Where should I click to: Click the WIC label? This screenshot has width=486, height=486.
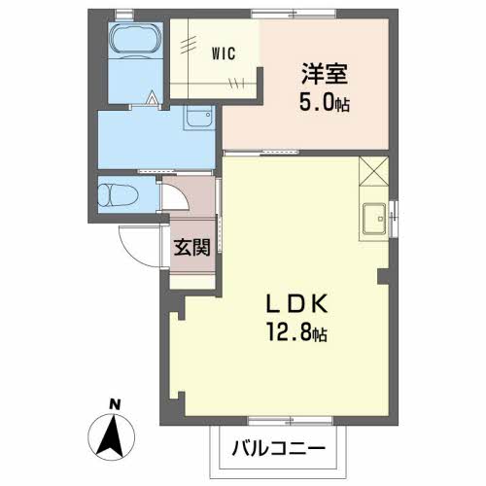point(224,53)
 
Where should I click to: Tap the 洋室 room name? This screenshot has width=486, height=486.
point(325,74)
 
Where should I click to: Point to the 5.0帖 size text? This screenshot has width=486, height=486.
point(325,103)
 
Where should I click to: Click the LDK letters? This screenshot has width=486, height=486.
point(296,304)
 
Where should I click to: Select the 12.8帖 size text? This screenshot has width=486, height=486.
point(296,332)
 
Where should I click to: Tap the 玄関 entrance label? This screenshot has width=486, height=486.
point(192,248)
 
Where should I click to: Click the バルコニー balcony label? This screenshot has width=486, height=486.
point(278,448)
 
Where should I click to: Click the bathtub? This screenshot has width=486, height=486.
point(135,40)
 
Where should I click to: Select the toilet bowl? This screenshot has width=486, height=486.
point(119,195)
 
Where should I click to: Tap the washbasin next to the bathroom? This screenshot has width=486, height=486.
point(198,118)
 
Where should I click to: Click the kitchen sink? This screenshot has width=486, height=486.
point(374,219)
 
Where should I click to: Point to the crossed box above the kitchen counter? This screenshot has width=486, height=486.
point(373,171)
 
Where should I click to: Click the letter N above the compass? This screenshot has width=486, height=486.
point(115,404)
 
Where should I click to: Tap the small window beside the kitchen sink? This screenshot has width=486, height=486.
point(394,219)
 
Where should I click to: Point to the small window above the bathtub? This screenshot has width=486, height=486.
point(124,15)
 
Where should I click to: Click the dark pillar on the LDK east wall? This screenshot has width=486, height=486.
point(383,277)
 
